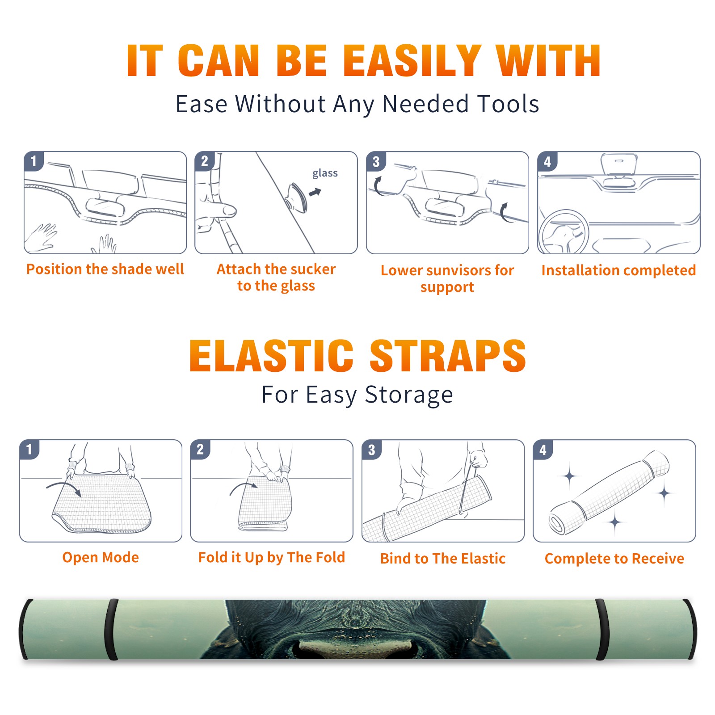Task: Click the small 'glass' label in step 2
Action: (325, 173)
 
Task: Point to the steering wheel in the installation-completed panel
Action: (564, 232)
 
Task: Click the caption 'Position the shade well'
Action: (105, 269)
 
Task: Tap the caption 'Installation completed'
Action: (618, 270)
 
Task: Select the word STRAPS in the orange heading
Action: (448, 356)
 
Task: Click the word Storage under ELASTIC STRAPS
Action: (409, 395)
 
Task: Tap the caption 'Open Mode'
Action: (101, 558)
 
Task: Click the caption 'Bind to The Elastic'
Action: (443, 559)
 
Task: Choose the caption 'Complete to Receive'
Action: (614, 559)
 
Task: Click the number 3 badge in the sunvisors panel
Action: (376, 162)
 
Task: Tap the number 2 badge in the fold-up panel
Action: (200, 450)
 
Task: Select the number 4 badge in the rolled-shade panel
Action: (543, 450)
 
